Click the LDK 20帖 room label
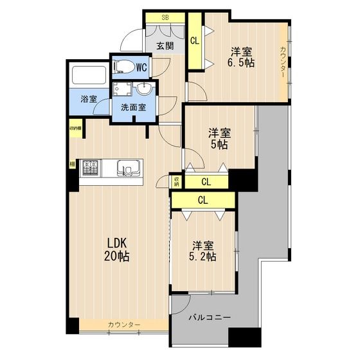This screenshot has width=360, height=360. pos(118,249)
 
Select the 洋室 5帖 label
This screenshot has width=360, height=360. pos(218,139)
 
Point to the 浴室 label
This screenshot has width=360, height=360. pos(89,100)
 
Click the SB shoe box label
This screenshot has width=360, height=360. pos(165,17)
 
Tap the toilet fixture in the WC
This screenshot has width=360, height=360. pos(123,66)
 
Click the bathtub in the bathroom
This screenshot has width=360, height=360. pos(89,76)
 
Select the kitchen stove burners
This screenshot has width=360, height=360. pos(89,168)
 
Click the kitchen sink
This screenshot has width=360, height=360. pos(131,169)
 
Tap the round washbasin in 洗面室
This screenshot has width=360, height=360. pos(144,89)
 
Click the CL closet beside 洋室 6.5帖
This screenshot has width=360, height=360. pos(195,40)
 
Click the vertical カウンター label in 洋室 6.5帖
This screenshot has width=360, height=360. pos(283,62)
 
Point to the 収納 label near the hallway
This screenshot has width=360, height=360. pos(176,182)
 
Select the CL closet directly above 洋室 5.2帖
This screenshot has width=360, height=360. pos(203,200)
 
